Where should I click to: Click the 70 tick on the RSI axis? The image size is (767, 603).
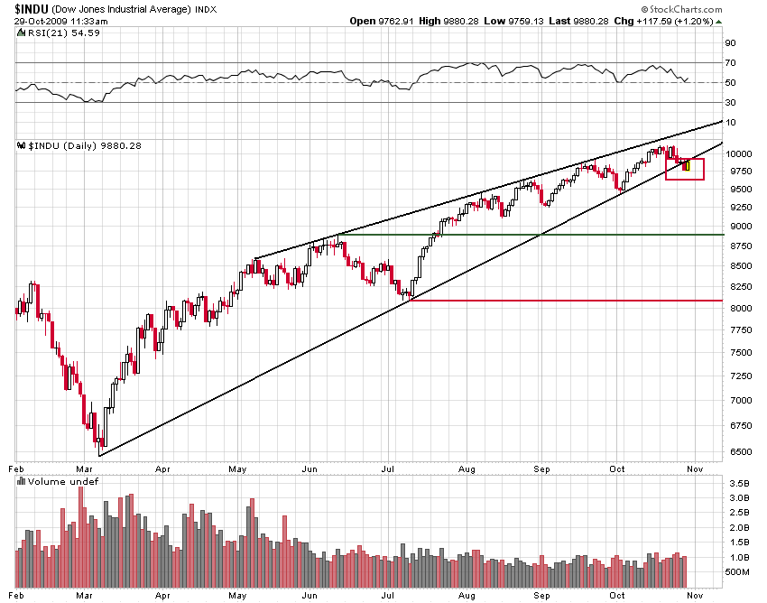coord(730,62)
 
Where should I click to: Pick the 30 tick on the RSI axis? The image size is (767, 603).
coord(730,102)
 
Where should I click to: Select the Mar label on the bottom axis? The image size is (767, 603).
coord(86,469)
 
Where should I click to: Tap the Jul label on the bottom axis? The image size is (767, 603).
coord(389,469)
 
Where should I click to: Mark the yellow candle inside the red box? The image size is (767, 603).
coord(688,166)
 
